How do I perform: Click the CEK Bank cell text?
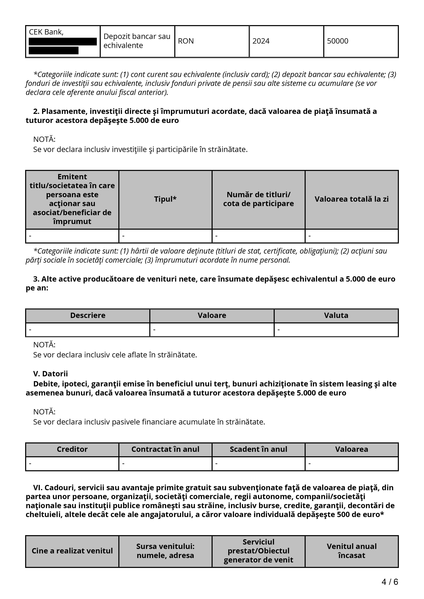(46, 32)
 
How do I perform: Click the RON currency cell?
(186, 41)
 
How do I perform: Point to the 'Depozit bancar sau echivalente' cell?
(137, 41)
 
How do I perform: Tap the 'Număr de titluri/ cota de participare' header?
(258, 199)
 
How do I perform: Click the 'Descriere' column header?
(88, 315)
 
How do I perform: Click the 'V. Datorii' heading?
(50, 374)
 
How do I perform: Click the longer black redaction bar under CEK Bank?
(63, 42)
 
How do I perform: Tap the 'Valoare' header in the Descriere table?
(212, 315)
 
